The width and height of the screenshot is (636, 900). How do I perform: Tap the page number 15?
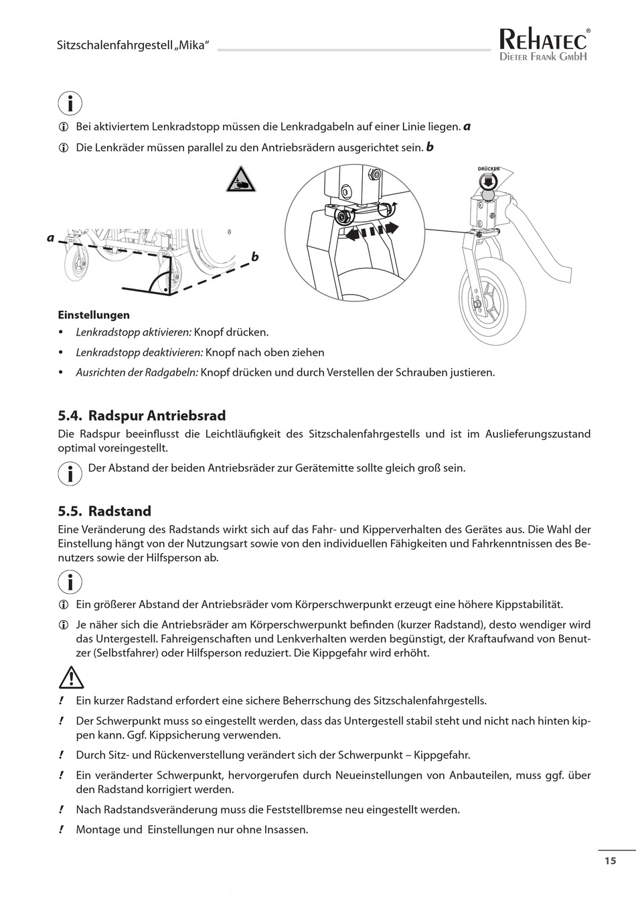click(x=610, y=861)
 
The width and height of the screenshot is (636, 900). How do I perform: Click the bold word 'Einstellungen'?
click(x=94, y=315)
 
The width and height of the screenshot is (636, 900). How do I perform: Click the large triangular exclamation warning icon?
click(x=71, y=679)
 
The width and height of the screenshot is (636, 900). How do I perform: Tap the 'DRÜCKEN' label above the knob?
click(x=489, y=169)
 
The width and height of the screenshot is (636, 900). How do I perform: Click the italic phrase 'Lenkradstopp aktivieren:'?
click(x=134, y=332)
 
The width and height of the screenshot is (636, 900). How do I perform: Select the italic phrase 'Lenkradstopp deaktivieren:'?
click(x=139, y=352)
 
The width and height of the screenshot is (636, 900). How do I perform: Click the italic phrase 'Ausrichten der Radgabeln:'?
click(x=137, y=372)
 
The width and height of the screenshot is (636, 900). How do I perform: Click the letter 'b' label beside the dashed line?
click(x=255, y=257)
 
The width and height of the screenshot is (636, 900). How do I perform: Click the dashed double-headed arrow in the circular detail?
click(x=368, y=231)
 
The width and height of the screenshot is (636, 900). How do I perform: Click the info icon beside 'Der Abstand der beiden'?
click(x=70, y=473)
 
